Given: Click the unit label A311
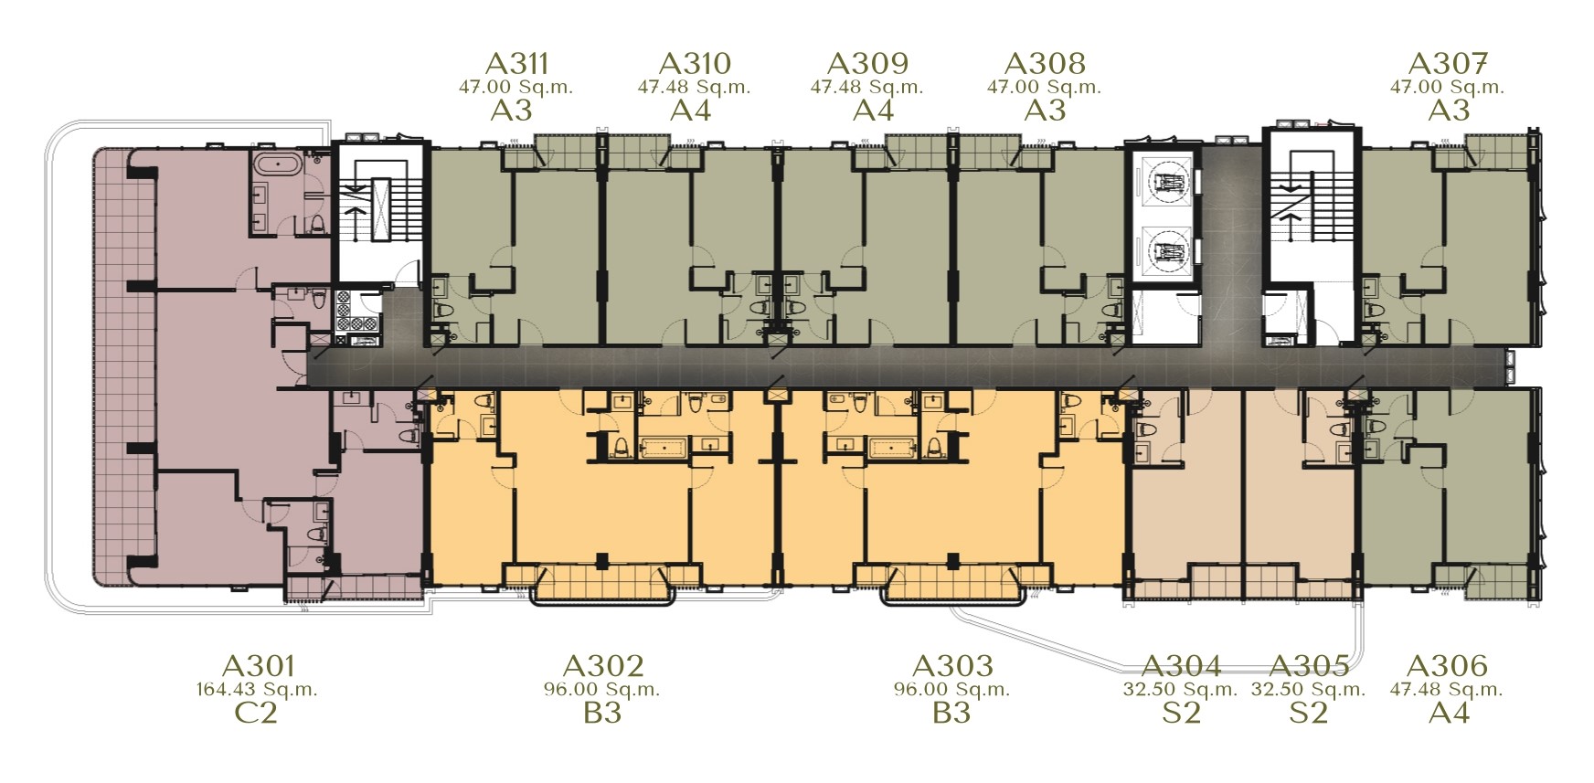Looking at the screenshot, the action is [517, 63].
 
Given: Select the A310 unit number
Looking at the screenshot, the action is [695, 63].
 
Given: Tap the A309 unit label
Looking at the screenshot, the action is [867, 63].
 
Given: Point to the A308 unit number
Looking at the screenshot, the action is [1045, 63].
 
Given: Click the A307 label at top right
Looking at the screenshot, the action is [1449, 63].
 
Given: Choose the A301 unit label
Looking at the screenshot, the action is [258, 666].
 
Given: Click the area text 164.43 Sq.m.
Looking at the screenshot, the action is [257, 690].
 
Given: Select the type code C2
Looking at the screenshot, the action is [257, 713].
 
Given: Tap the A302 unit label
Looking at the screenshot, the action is [603, 666].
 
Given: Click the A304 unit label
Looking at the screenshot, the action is [1181, 666].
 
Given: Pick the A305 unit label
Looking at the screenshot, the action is [1309, 666].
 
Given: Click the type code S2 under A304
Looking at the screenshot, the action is [1181, 713].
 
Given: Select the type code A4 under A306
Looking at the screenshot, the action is [1449, 713].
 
